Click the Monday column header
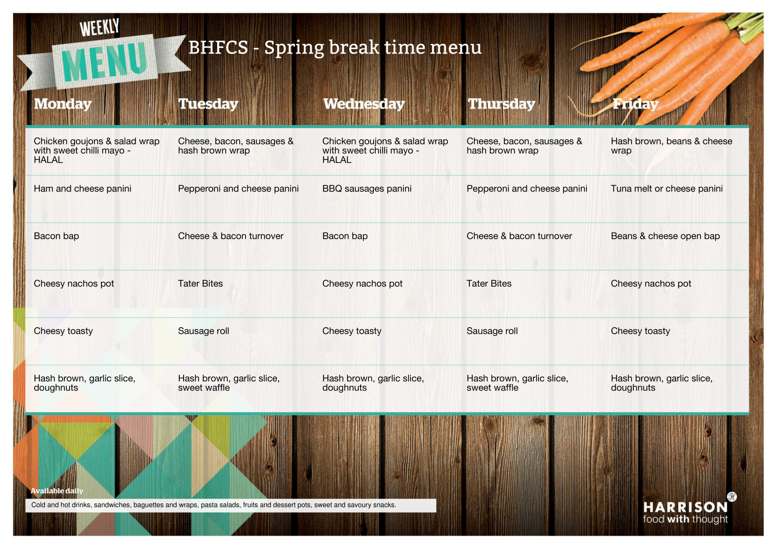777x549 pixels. point(63,104)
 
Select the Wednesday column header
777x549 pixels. point(364,104)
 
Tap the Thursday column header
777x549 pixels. point(502,104)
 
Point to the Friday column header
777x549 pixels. point(635,104)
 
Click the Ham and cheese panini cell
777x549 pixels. point(82,189)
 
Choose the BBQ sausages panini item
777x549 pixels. point(367,189)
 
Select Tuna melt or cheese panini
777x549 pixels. point(667,189)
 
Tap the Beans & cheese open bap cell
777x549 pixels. point(666,236)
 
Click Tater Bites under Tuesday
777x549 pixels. point(200,283)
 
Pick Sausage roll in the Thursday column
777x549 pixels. point(492,331)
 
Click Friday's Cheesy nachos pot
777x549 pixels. point(651,284)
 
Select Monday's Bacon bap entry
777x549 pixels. point(56,236)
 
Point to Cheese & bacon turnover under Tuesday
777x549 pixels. point(231,236)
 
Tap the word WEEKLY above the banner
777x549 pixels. point(99,28)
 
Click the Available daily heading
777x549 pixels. point(57,491)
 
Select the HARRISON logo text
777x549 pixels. point(685,507)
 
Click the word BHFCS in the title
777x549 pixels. point(218,47)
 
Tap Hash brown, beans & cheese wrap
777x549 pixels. point(671,146)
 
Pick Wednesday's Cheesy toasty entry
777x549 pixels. point(352,331)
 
